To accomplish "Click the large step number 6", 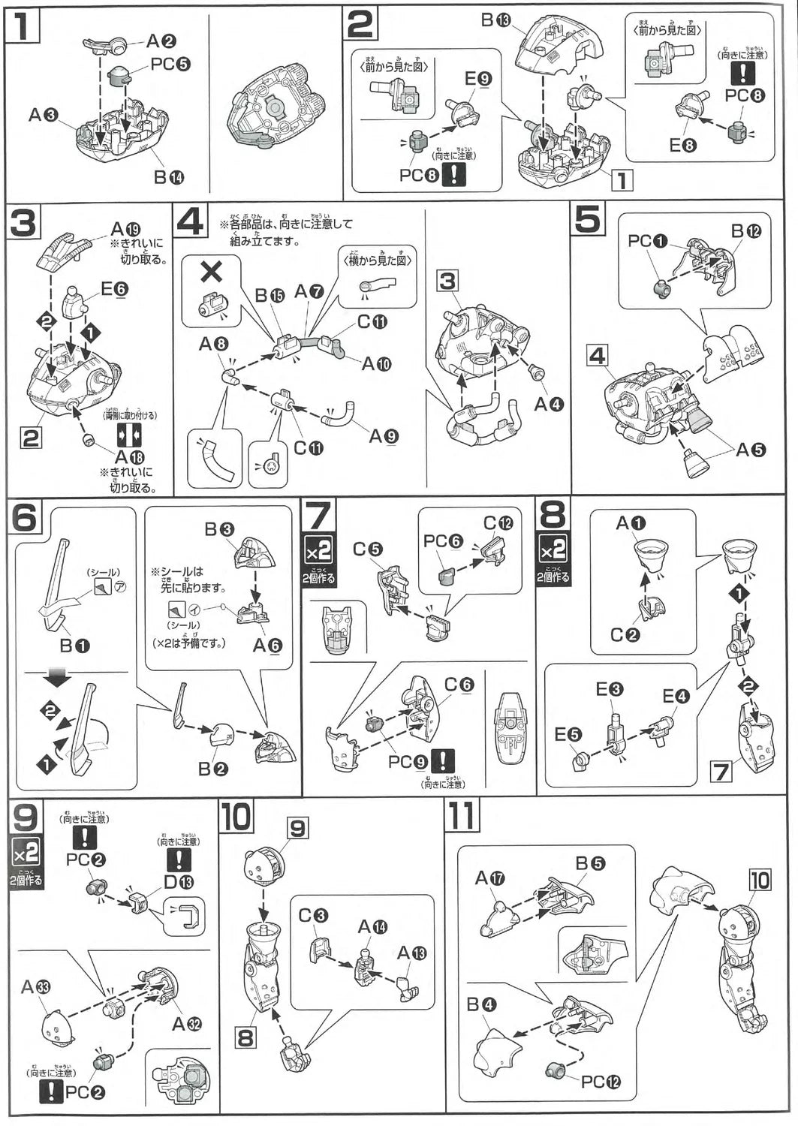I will pos(26,519).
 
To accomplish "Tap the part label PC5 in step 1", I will pos(170,63).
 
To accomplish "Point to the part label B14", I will pos(168,178).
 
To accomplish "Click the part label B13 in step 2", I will pos(495,20).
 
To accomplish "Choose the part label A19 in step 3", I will pos(126,229).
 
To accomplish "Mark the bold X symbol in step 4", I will pos(212,271).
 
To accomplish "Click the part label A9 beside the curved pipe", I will pos(383,436).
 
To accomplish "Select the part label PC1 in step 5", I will pos(647,241).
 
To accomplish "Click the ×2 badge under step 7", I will pos(318,552).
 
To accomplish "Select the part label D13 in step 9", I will pos(179,883).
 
